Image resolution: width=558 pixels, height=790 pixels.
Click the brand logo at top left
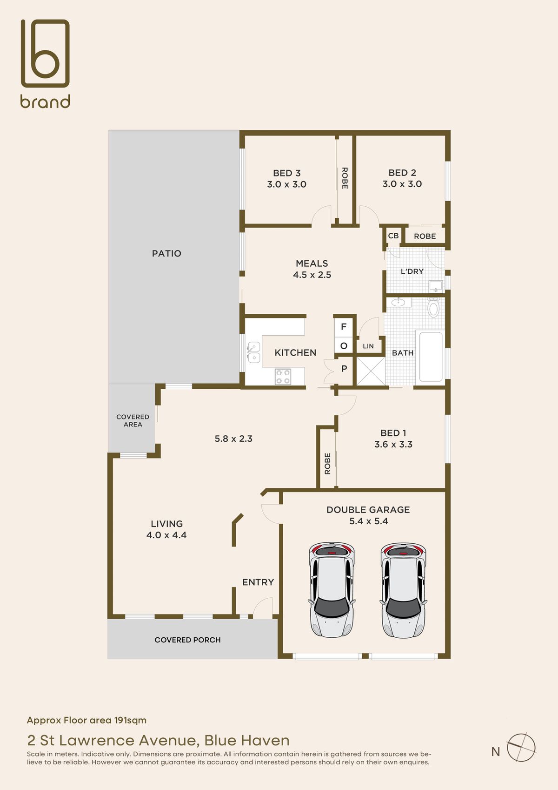pos(45,63)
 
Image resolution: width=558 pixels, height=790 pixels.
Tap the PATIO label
pos(166,253)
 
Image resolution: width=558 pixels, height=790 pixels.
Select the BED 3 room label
pos(287,173)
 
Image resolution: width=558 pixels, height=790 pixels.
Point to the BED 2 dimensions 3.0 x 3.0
pos(402,184)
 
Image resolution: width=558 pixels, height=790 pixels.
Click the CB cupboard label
pos(393,236)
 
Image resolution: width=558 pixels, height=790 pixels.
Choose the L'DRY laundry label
pos(412,271)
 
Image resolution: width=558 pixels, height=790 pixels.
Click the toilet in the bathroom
pos(434,307)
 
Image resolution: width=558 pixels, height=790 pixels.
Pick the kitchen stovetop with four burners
pos(283,376)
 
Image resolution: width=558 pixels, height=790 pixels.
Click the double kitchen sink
pos(253,352)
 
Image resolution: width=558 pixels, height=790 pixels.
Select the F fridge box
pos(344,327)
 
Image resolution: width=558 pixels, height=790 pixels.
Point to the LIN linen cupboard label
pos(368,346)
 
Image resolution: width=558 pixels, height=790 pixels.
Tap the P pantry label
pos(344,369)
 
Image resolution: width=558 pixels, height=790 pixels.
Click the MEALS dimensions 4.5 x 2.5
pos(312,275)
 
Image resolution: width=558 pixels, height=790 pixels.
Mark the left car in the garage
pos(332,590)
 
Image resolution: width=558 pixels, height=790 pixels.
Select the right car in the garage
pos(403,590)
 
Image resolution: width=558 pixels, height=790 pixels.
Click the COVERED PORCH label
pos(187,640)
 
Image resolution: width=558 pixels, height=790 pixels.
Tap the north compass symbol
pos(521,747)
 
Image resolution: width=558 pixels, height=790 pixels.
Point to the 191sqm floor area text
pos(130,720)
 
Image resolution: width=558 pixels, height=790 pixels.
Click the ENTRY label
pos(258,582)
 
